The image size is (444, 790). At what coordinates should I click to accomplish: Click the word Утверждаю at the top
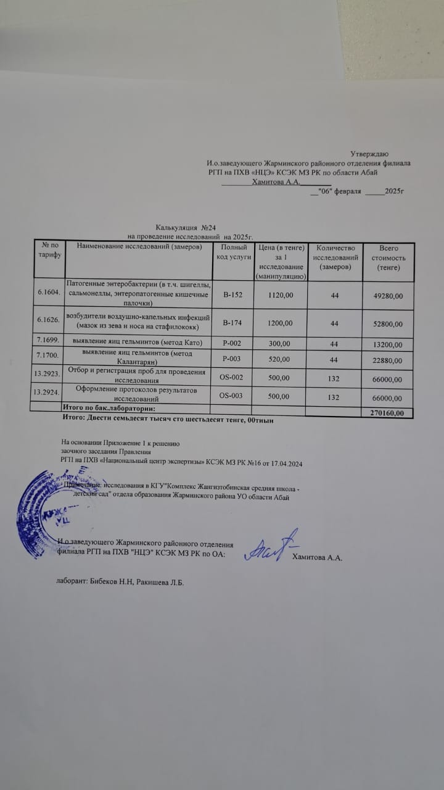click(369, 153)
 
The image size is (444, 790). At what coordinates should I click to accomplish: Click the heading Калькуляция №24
click(184, 228)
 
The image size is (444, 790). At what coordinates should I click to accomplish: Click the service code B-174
click(232, 323)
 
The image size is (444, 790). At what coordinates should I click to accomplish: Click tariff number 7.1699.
click(48, 343)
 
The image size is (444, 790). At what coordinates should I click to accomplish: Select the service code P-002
click(232, 343)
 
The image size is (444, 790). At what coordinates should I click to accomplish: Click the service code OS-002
click(232, 378)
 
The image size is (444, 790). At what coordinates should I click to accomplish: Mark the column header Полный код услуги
click(232, 252)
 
